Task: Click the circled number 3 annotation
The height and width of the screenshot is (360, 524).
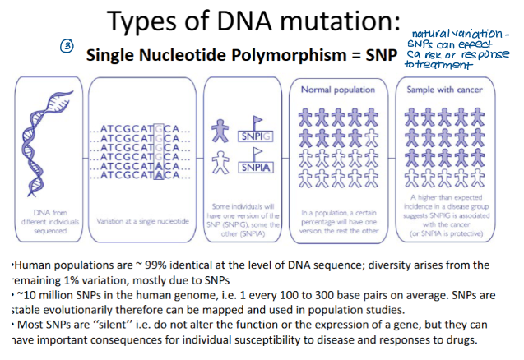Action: point(68,47)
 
